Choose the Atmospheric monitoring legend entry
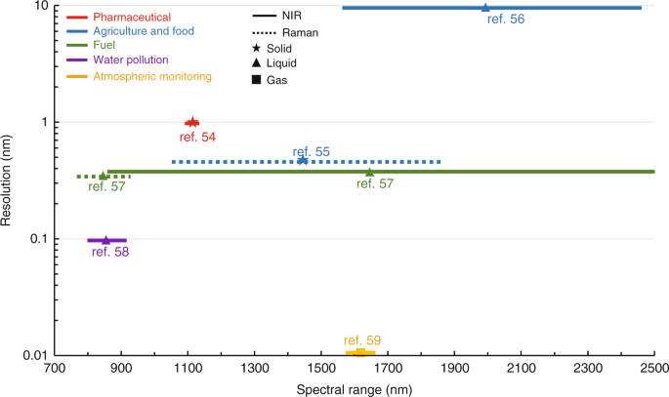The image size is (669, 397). tap(151, 76)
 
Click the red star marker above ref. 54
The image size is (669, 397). tap(192, 122)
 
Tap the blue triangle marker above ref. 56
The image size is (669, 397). tap(485, 8)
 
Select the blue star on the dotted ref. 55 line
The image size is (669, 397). tap(303, 161)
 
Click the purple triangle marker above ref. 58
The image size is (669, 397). tap(106, 240)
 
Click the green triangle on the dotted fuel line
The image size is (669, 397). tap(104, 176)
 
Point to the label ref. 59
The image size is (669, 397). tap(362, 339)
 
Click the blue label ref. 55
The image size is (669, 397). tap(311, 151)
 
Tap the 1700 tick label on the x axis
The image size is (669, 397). tap(388, 370)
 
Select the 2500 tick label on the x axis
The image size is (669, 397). tap(653, 370)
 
